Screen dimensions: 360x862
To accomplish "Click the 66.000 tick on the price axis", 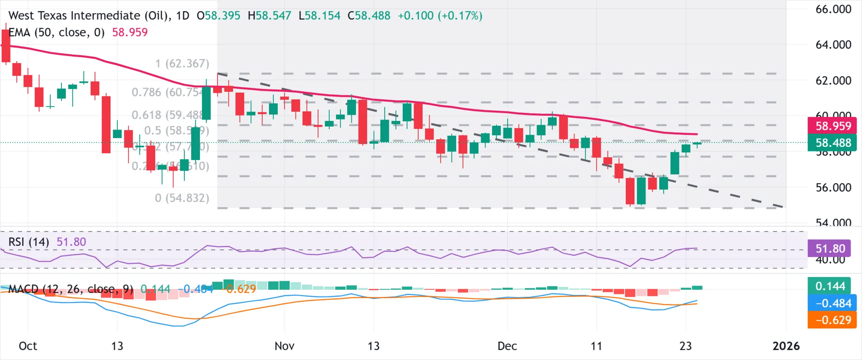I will pos(833,9).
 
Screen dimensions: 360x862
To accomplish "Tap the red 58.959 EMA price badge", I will pos(833,126).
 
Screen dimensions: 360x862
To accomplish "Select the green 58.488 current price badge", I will pos(833,143).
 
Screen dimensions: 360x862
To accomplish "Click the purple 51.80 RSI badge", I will pos(830,248).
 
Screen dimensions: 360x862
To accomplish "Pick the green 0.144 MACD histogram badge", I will pos(830,286).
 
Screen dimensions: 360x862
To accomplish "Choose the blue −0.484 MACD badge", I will pos(833,303).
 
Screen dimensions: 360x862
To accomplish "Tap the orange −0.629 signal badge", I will pos(833,320).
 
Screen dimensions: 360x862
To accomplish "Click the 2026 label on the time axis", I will pos(786,346).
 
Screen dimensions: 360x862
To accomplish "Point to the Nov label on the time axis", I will pos(284,346).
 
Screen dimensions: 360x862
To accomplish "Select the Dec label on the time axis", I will pos(507,346).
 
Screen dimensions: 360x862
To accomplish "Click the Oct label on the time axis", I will pos(28,346).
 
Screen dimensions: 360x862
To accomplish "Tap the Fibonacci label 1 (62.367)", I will pos(182,64).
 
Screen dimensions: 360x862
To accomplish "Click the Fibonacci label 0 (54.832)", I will pos(182,198).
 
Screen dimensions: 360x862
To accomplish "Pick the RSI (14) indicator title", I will pos(29,242).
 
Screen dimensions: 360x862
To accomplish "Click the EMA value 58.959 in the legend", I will pos(130,32).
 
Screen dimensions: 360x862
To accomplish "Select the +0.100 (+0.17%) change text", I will pos(440,16).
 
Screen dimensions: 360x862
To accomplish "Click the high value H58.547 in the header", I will pos(269,16).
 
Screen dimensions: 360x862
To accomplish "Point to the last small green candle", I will pos(697,144).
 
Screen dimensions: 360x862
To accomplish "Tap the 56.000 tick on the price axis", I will pos(833,188).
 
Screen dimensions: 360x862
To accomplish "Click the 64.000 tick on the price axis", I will pos(833,45).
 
